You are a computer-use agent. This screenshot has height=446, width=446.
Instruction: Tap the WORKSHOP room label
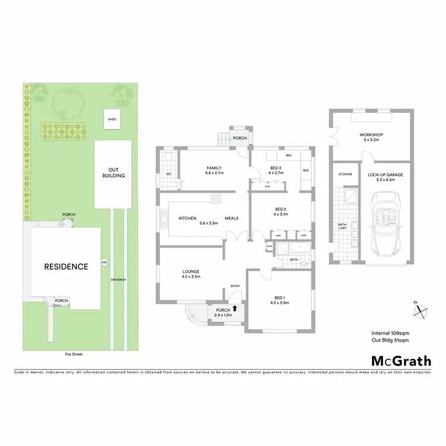[x=371, y=135]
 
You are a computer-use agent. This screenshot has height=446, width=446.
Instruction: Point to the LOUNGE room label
[x=191, y=271]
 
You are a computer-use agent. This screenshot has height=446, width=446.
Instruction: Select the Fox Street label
[x=74, y=354]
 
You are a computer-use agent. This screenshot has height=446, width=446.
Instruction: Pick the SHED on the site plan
[x=111, y=119]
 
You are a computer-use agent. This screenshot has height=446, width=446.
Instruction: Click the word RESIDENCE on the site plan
[x=66, y=266]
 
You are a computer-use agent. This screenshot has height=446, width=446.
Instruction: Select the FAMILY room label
[x=214, y=168]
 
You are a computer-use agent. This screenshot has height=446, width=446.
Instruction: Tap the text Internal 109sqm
[x=390, y=334]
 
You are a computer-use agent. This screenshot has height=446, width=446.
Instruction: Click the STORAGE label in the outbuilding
[x=346, y=174]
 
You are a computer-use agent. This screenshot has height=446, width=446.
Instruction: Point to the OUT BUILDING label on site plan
[x=112, y=172]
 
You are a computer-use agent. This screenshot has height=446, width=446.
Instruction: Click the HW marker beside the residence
[x=103, y=262]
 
